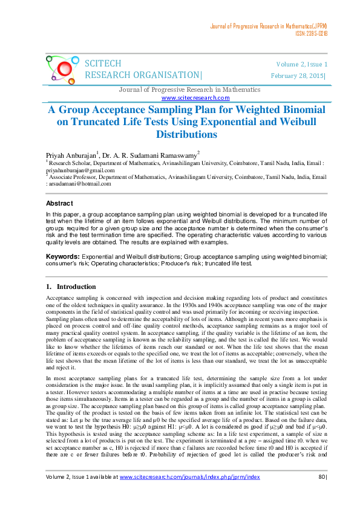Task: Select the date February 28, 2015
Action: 298,76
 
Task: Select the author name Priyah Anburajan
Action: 71,156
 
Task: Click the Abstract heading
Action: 60,204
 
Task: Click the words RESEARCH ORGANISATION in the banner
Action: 143,76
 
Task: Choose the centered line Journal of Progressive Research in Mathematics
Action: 189,90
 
